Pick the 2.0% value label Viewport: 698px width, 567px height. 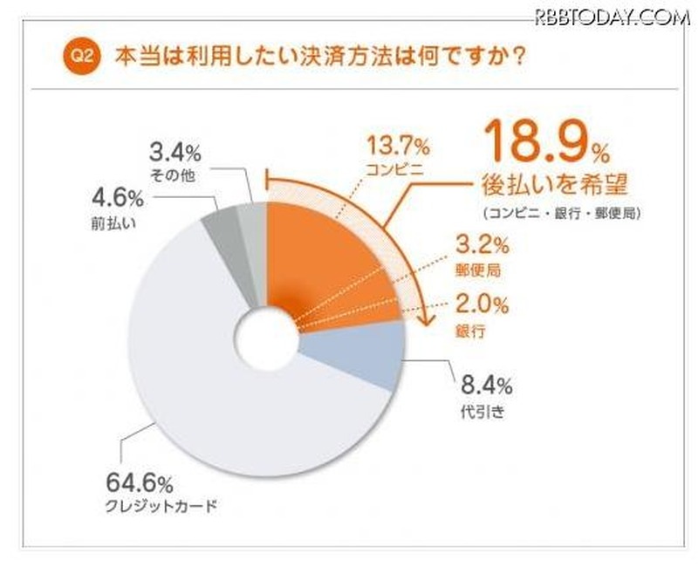[x=476, y=306]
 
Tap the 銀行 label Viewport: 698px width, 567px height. [x=465, y=332]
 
